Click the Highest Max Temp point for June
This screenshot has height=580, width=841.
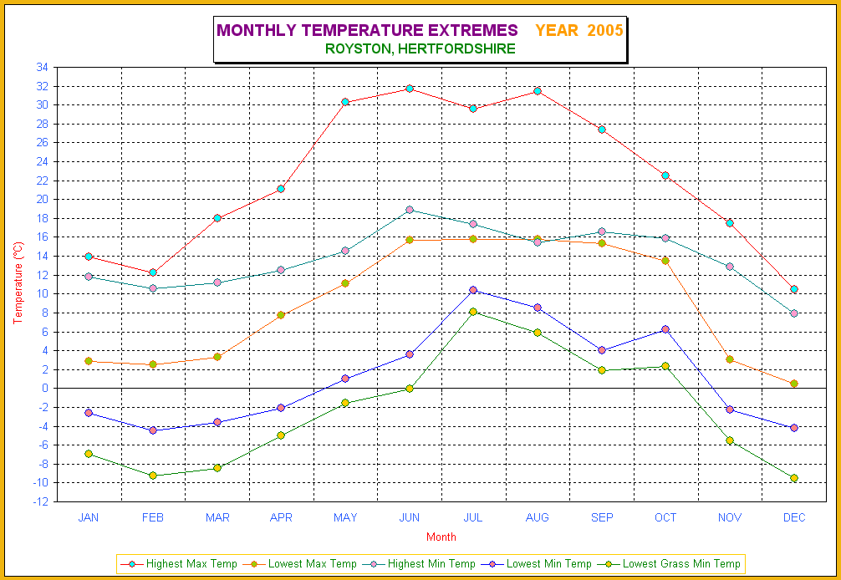[410, 88]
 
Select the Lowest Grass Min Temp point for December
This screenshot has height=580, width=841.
[794, 478]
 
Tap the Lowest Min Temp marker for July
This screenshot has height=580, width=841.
[473, 290]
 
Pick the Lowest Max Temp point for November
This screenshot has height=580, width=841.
[730, 359]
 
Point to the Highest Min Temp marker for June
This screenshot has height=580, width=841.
[410, 210]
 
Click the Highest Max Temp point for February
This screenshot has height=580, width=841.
[153, 272]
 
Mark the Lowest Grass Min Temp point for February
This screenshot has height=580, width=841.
[153, 476]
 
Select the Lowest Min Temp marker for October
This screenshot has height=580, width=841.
[665, 329]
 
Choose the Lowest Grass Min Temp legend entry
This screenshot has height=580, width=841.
[681, 564]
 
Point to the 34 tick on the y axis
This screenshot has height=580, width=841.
[43, 68]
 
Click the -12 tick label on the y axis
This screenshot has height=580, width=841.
[40, 501]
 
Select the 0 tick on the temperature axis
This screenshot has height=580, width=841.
[45, 388]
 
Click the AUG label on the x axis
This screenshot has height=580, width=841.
[538, 517]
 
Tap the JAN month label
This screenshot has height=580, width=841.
[89, 517]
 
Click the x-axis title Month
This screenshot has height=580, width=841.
[441, 537]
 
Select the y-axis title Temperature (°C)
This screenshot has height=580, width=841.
[18, 283]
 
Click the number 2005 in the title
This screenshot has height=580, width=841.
[605, 31]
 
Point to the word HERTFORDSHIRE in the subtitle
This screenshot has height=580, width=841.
[456, 48]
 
